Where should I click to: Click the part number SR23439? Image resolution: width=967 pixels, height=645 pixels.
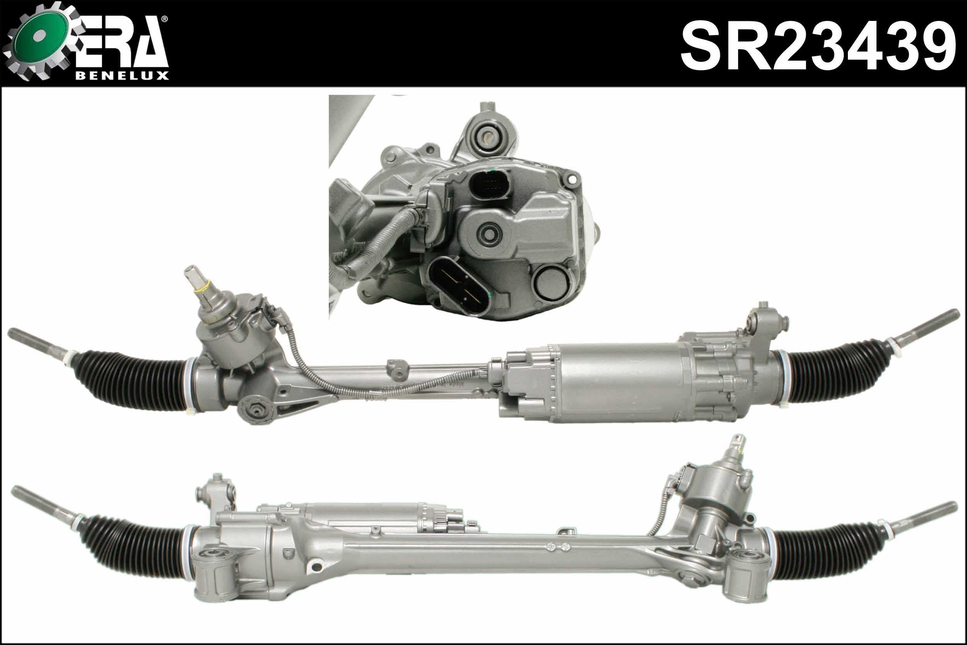(818, 46)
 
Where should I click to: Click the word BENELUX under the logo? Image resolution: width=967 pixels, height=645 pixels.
(122, 76)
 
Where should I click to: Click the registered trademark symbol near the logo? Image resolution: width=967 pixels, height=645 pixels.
(164, 19)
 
